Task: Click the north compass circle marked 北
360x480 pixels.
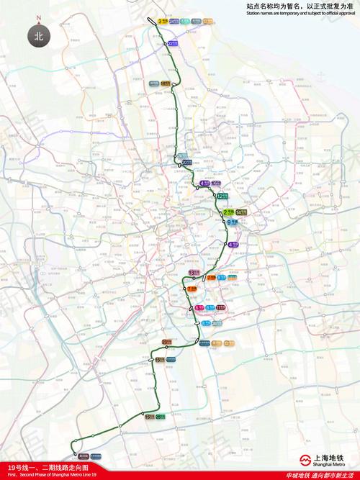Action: point(39,34)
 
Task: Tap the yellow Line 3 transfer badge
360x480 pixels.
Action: point(161,22)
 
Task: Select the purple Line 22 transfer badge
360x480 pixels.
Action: point(173,44)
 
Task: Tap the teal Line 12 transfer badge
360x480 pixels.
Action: point(222,196)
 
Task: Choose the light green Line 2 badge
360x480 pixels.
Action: point(228,212)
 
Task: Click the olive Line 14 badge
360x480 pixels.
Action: point(241,212)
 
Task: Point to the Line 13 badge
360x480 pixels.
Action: point(193,272)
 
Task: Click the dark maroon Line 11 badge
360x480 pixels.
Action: point(220,308)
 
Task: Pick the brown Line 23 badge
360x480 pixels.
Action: point(166,341)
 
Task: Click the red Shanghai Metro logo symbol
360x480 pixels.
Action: point(305,458)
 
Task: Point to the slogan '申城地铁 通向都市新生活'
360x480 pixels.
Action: point(320,475)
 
